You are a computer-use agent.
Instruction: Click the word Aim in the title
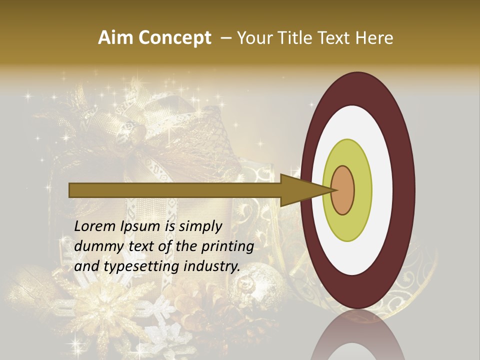116,38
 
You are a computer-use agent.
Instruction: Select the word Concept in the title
174,38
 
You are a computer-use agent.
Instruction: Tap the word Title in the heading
296,38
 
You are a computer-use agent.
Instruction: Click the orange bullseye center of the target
343,190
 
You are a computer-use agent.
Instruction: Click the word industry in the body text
213,266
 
